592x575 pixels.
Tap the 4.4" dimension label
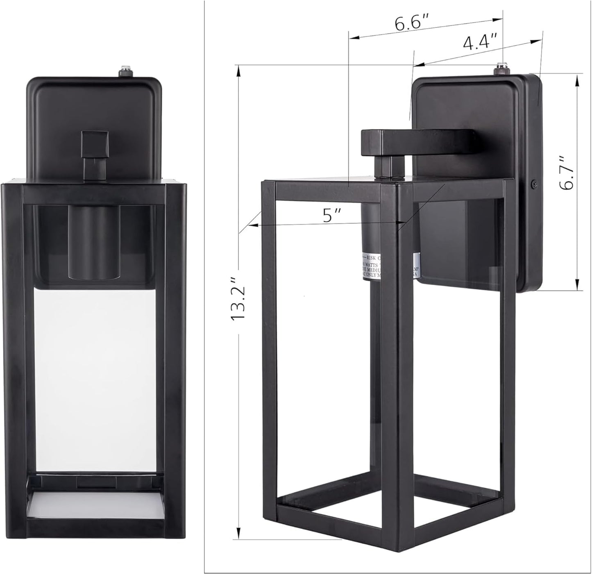[x=480, y=42]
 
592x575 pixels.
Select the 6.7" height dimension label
[x=568, y=173]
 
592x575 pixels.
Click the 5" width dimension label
[x=329, y=215]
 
